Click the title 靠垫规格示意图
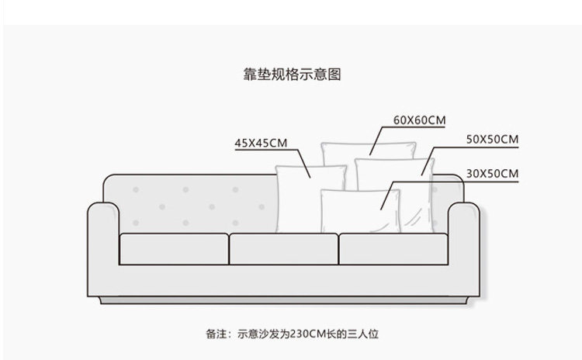pos(292,74)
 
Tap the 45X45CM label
pos(262,143)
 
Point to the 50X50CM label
pos(493,140)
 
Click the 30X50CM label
pos(493,173)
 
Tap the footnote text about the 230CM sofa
pos(292,335)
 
